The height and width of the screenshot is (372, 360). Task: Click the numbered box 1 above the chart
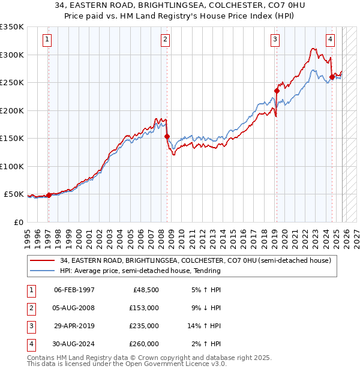tap(47, 40)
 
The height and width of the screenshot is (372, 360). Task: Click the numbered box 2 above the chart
tap(165, 40)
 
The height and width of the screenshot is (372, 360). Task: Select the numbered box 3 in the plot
tap(275, 40)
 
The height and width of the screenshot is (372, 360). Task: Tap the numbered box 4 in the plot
tap(330, 40)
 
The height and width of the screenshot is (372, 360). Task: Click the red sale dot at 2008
tap(167, 137)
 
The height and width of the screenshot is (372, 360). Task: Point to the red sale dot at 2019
tap(277, 91)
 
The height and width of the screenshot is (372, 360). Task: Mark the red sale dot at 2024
tap(332, 77)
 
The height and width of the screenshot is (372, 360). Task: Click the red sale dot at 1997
tap(49, 195)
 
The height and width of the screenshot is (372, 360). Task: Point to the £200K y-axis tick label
tap(12, 110)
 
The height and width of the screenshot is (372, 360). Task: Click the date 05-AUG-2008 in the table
tap(74, 308)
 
